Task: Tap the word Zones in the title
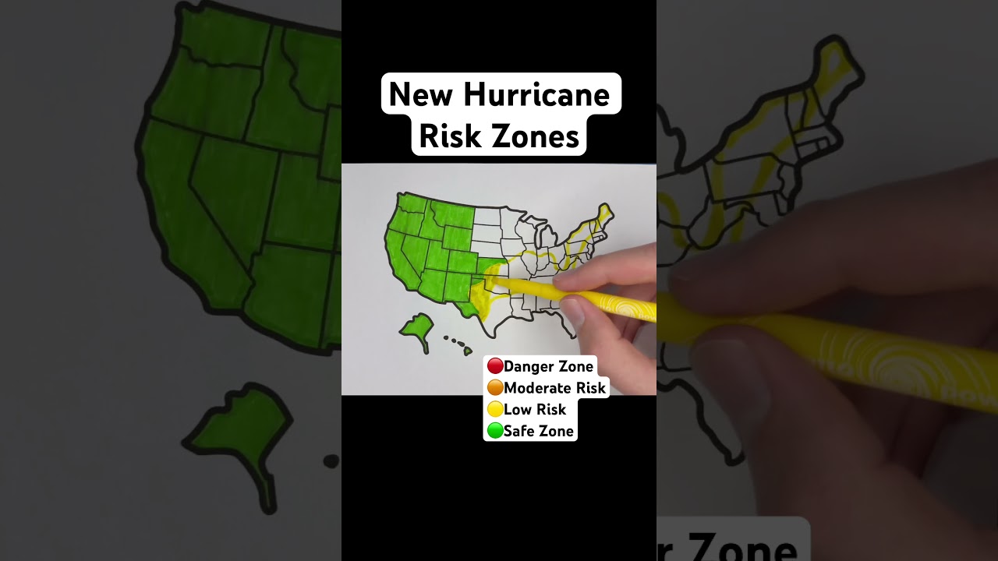click(538, 136)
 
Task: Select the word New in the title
click(422, 95)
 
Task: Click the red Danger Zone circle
click(494, 366)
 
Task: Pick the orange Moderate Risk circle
click(494, 387)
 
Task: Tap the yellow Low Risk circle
click(494, 409)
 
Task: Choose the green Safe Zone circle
click(494, 430)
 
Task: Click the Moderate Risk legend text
click(554, 387)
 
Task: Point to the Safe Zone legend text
click(539, 430)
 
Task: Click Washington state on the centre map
click(411, 205)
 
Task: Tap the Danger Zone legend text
click(548, 366)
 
